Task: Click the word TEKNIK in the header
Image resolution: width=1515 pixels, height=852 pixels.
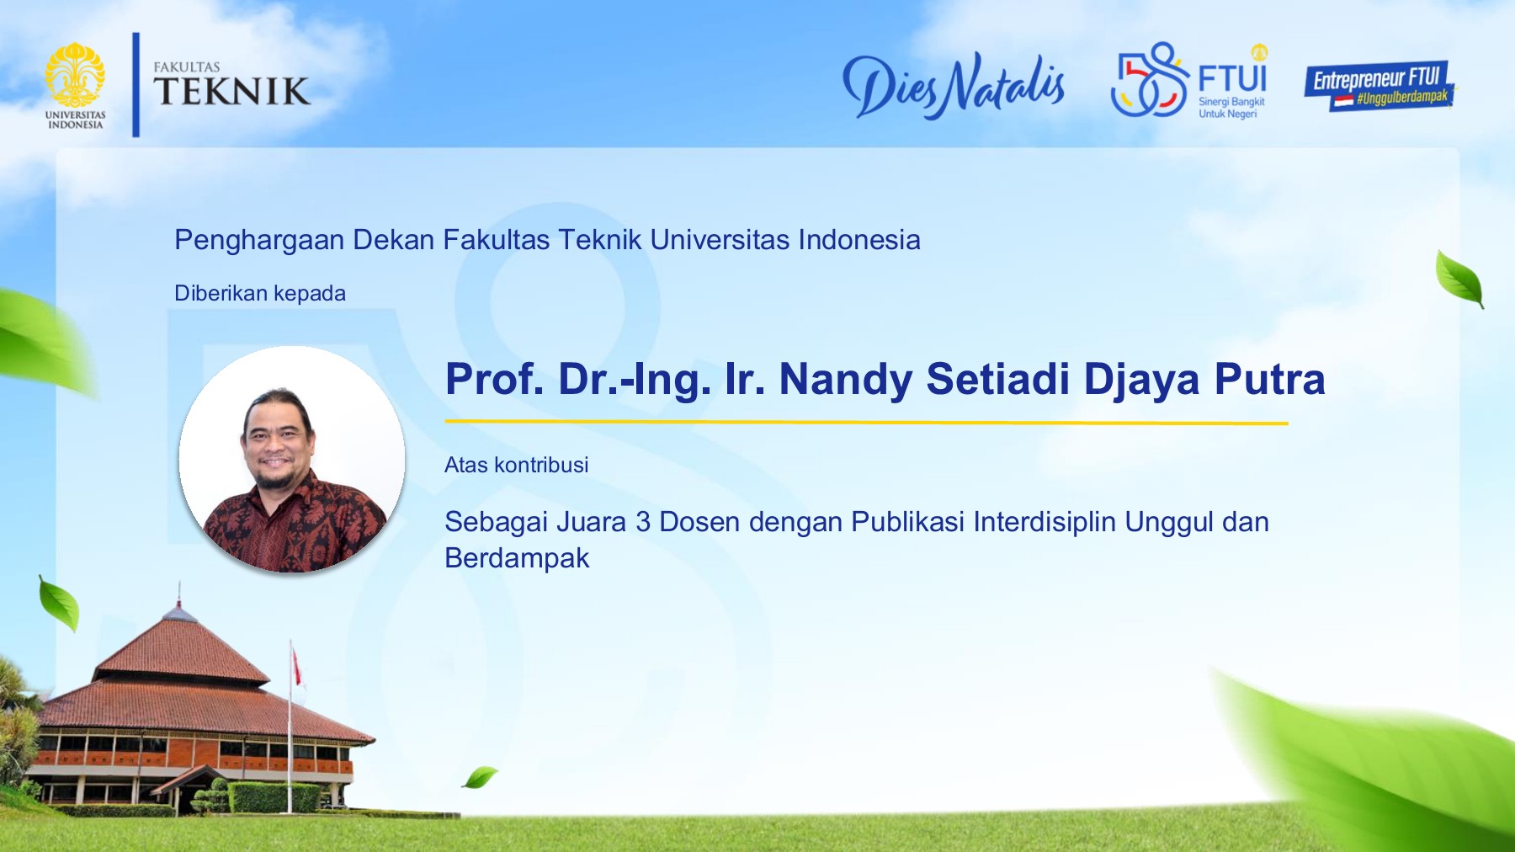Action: click(231, 92)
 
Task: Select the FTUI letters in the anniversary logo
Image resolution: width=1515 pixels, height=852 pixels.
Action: click(1232, 78)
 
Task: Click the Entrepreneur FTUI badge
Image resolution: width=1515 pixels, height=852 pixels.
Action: click(1379, 85)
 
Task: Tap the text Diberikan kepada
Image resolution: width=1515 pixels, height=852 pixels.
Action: click(260, 294)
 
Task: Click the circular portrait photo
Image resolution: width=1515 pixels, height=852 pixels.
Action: click(292, 460)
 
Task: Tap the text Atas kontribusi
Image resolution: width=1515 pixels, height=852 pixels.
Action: click(516, 465)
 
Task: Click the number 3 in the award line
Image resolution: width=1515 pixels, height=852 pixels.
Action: click(643, 522)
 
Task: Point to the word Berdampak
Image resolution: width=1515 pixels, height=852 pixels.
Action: click(517, 558)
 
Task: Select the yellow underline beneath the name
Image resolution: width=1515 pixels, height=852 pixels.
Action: click(866, 422)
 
